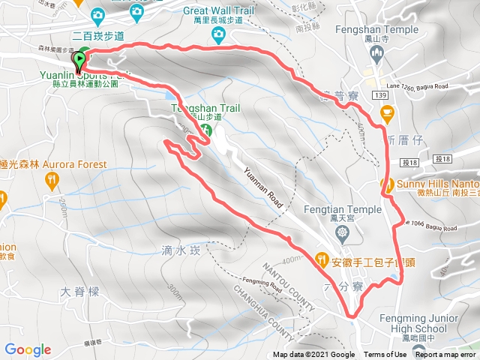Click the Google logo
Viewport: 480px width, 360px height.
(x=28, y=349)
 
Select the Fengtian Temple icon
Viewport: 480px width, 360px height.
(x=343, y=234)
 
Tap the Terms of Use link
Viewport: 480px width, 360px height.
(x=385, y=355)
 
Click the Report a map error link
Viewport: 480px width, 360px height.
(x=446, y=355)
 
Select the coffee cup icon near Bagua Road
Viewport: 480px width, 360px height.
(x=387, y=114)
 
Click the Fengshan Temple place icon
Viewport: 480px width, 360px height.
(x=377, y=52)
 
